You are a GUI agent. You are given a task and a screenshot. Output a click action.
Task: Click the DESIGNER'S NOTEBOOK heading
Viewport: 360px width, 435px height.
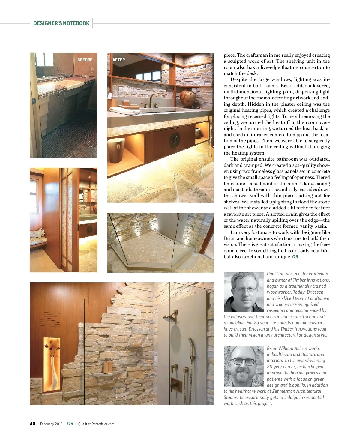[61, 23]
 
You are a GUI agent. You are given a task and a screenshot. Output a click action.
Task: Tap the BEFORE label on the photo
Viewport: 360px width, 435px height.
[85, 60]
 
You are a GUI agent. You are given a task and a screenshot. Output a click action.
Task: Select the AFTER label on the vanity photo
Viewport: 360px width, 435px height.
[119, 60]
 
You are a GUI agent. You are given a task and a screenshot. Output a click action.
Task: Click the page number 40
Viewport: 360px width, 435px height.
[32, 424]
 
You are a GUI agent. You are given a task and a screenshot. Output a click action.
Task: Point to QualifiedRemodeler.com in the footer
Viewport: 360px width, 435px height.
[96, 424]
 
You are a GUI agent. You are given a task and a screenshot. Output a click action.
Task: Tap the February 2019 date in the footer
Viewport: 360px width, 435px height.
[51, 424]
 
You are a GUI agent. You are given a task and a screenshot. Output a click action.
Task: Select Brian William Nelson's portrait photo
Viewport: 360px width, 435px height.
[243, 366]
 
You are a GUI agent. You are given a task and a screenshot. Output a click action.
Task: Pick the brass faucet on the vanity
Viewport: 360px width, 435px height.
[153, 100]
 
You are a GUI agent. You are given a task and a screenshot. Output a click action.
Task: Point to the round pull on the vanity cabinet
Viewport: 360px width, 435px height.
[174, 139]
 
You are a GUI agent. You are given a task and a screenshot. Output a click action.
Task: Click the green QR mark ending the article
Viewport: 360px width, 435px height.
[295, 257]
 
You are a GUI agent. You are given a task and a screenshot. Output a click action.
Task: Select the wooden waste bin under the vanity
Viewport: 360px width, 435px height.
[116, 150]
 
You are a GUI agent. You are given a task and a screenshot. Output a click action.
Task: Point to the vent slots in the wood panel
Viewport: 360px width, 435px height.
[50, 319]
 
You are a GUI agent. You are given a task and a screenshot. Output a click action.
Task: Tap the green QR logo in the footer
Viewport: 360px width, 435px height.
[70, 423]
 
